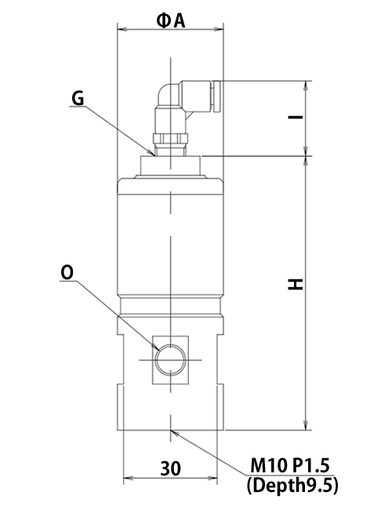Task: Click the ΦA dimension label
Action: click(x=171, y=21)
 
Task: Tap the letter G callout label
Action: click(x=78, y=98)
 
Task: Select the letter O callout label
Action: click(x=67, y=273)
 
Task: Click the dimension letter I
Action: click(x=296, y=116)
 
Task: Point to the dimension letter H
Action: click(x=296, y=284)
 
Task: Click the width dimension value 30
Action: click(x=170, y=468)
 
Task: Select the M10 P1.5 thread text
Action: click(x=290, y=465)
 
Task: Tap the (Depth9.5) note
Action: click(x=292, y=486)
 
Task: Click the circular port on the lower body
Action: click(x=171, y=359)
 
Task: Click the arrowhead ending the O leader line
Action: click(x=156, y=347)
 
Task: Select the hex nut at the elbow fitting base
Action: click(x=170, y=139)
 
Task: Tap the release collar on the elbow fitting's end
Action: click(x=216, y=97)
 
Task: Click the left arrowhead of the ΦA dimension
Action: click(x=122, y=29)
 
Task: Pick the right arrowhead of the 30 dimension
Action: click(x=212, y=478)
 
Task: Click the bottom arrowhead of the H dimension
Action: click(x=306, y=425)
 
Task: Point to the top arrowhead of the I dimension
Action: click(x=306, y=86)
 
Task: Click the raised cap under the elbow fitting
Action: click(x=170, y=166)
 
